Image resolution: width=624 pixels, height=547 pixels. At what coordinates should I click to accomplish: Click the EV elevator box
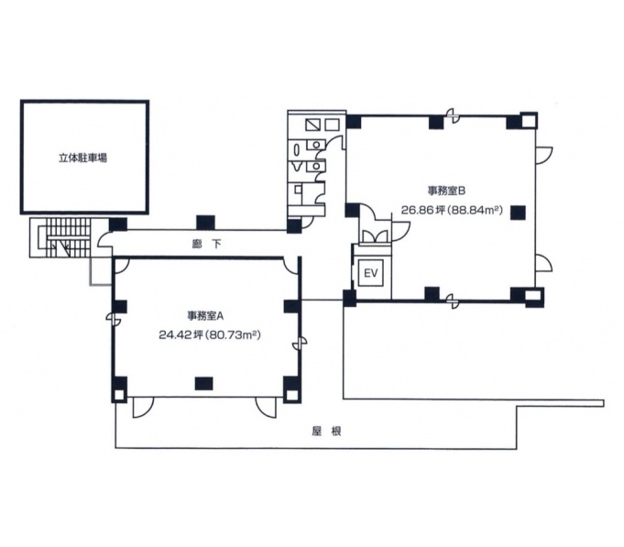(371, 273)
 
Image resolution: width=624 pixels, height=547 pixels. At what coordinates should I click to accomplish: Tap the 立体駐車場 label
(82, 158)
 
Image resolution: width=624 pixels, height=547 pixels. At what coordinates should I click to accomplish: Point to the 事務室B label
(446, 191)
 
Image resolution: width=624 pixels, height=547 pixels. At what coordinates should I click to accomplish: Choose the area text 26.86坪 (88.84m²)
(452, 210)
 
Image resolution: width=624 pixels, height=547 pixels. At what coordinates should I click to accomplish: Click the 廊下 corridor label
(206, 244)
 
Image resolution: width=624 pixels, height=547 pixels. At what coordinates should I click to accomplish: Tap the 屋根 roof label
(326, 432)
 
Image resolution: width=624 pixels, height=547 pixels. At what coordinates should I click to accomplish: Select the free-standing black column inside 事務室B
(518, 213)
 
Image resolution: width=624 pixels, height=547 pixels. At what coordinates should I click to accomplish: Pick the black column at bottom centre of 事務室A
(203, 383)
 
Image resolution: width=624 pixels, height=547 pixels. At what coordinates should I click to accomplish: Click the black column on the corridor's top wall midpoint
(205, 223)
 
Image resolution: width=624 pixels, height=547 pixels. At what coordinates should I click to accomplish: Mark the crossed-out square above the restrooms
(313, 125)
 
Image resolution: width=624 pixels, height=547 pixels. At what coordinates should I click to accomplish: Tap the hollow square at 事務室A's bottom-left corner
(119, 396)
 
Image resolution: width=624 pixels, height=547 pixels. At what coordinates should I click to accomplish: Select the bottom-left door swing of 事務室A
(142, 408)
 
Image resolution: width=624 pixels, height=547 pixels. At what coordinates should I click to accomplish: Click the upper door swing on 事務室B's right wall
(544, 155)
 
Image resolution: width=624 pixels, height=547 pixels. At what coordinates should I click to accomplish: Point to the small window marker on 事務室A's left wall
(113, 318)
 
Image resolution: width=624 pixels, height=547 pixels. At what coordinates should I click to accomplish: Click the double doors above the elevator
(374, 236)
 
